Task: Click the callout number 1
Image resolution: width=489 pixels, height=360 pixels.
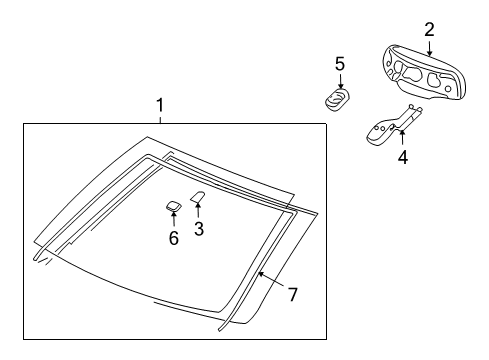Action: coord(159,105)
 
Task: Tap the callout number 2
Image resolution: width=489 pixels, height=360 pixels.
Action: coord(429,29)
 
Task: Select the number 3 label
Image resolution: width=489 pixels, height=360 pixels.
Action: coord(198,230)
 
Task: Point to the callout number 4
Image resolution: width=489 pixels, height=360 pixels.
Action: coord(403,156)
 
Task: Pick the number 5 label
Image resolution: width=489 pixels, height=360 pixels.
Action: coord(340,63)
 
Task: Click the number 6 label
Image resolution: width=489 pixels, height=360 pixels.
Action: coord(173,238)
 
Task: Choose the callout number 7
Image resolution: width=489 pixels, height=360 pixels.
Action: coord(293,294)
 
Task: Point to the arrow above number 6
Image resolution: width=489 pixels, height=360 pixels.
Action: coord(173,219)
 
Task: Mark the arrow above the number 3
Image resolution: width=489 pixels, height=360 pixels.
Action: coord(198,210)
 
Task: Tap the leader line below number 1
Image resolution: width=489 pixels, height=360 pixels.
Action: coord(159,118)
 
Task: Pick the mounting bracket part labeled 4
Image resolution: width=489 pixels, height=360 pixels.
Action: coord(385,127)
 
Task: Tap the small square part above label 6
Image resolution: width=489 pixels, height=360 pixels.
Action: coord(173,205)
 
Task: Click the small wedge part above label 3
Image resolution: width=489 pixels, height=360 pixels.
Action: coord(198,197)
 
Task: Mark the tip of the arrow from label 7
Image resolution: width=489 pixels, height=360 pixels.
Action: coord(259,271)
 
